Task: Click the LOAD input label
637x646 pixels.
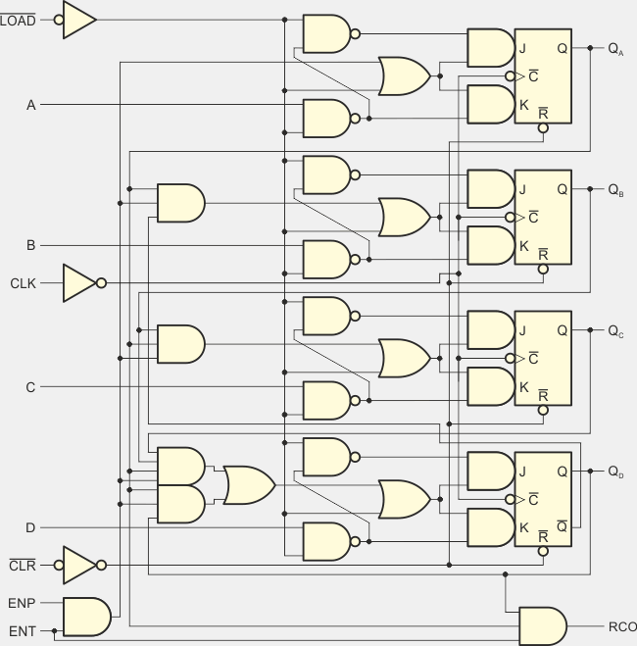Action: (19, 19)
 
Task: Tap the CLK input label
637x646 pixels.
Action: (22, 283)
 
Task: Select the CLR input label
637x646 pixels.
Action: (22, 565)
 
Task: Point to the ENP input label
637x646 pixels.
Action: (22, 604)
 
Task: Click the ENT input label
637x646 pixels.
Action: (22, 630)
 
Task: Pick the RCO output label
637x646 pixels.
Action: (622, 626)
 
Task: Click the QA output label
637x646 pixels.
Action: (615, 48)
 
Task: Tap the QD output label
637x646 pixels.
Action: (615, 472)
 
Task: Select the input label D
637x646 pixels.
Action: (30, 528)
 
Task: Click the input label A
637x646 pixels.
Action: (30, 104)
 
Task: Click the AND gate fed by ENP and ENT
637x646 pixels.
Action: (86, 617)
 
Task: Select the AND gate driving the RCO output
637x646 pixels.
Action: (542, 626)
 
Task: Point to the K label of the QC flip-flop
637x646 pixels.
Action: (524, 387)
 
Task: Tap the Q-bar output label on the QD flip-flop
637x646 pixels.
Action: (561, 528)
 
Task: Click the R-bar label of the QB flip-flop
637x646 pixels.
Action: (543, 254)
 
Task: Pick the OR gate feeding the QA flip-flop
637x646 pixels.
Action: (403, 75)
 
